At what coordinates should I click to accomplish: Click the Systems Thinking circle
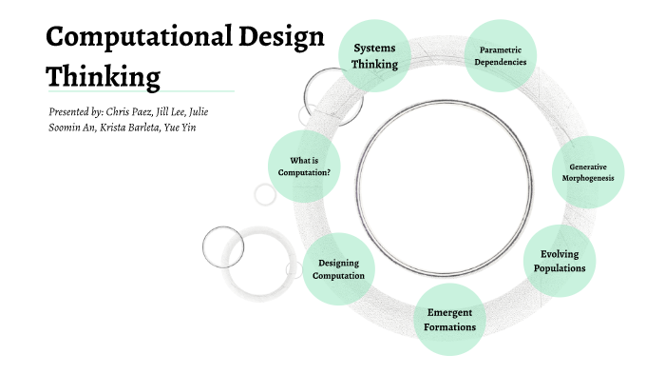click(x=374, y=55)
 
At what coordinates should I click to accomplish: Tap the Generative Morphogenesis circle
click(x=588, y=172)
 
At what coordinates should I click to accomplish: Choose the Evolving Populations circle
click(x=560, y=261)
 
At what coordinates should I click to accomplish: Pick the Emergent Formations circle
click(x=449, y=320)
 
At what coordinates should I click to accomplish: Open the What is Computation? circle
click(x=304, y=166)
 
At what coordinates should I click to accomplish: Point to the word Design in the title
click(x=280, y=37)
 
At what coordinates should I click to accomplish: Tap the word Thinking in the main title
click(x=104, y=74)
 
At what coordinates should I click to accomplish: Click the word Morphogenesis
click(x=588, y=178)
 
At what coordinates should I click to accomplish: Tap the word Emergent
click(x=449, y=312)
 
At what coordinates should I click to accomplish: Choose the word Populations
click(x=560, y=268)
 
